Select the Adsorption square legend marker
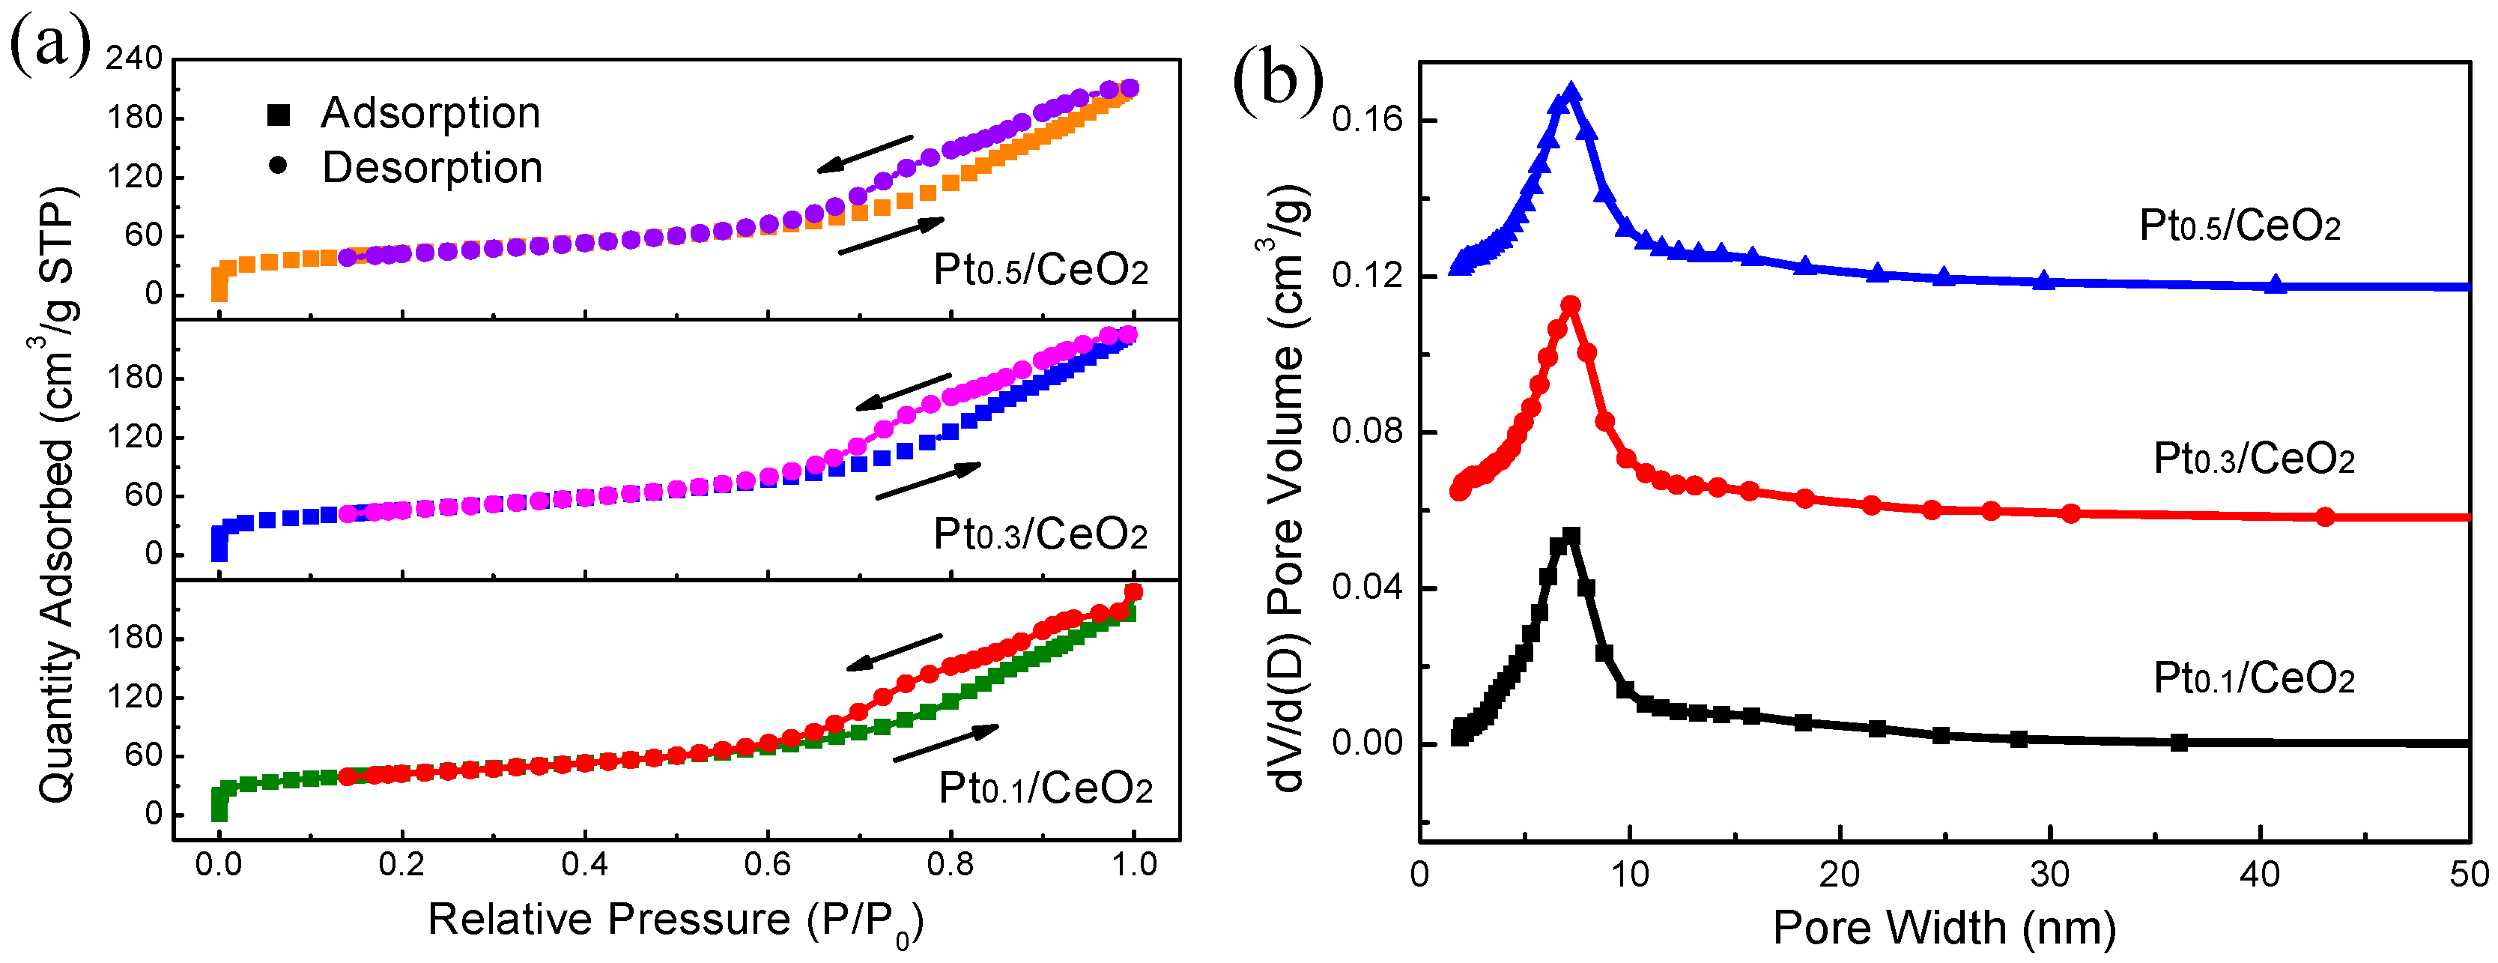pyautogui.click(x=279, y=115)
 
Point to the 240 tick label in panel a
pyautogui.click(x=134, y=58)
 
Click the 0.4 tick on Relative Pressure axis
pyautogui.click(x=585, y=864)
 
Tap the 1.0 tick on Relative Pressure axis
pyautogui.click(x=1133, y=864)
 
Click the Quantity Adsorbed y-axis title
pyautogui.click(x=56, y=495)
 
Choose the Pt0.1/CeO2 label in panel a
pyautogui.click(x=1046, y=788)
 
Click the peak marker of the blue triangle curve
pyautogui.click(x=1571, y=93)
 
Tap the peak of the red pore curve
pyautogui.click(x=1571, y=306)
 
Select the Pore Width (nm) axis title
pyautogui.click(x=1944, y=927)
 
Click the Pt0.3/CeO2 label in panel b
pyautogui.click(x=2254, y=458)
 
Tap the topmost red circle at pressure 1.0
pyautogui.click(x=1133, y=591)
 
